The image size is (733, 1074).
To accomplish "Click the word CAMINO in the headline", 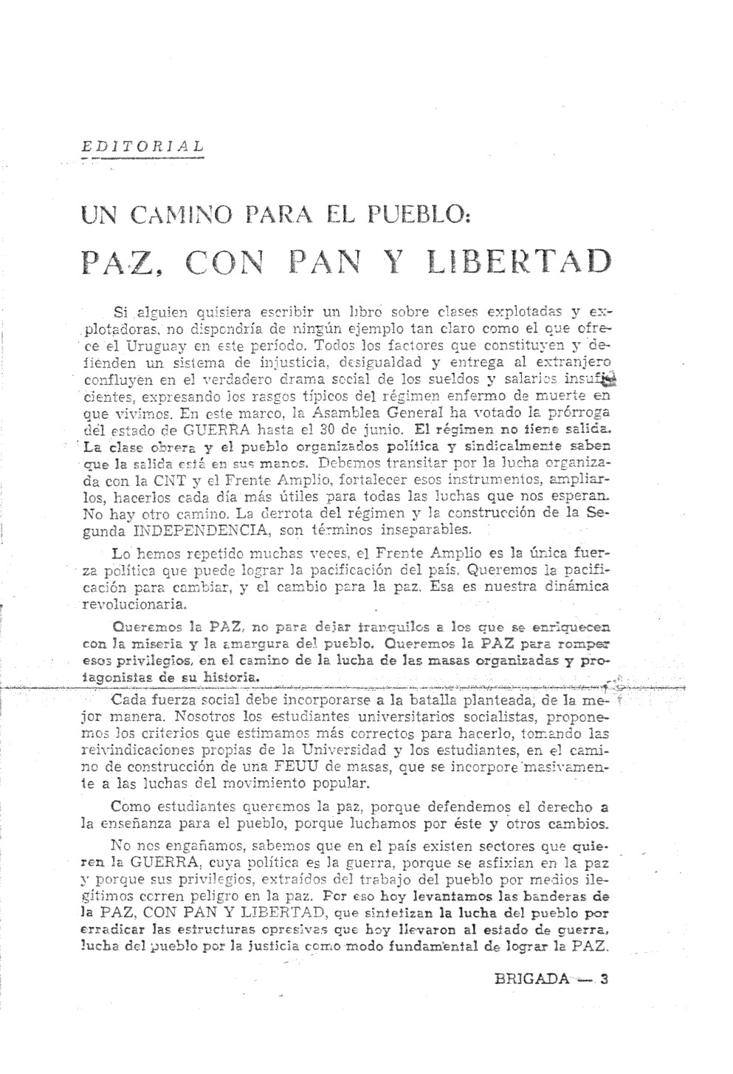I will [174, 218].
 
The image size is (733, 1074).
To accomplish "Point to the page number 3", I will [604, 980].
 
